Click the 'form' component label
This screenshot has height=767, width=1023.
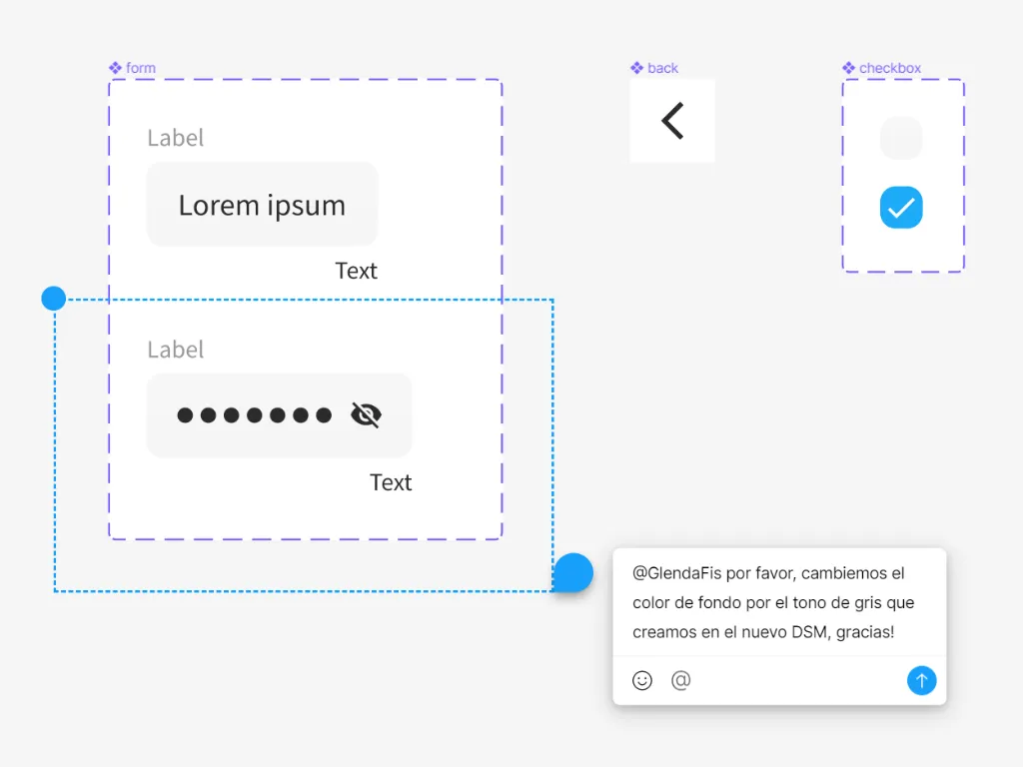[133, 68]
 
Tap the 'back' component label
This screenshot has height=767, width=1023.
[654, 68]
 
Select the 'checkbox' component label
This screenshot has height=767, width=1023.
[881, 68]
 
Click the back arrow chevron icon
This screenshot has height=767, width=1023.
[672, 121]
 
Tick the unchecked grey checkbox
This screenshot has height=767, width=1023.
[901, 138]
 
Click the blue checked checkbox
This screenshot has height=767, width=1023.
[901, 208]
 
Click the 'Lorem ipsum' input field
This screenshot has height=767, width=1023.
[263, 205]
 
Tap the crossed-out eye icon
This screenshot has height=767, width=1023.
[366, 414]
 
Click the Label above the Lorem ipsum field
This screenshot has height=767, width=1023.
[176, 138]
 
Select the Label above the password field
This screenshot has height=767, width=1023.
[176, 350]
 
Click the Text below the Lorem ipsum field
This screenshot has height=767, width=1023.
[357, 271]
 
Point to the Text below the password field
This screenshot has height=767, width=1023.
[391, 482]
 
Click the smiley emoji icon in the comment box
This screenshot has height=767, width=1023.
[642, 680]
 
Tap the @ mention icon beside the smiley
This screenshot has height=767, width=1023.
[680, 680]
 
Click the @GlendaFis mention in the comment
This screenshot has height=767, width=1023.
[677, 573]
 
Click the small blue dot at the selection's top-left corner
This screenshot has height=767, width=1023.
[54, 298]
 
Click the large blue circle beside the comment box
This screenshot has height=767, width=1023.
[572, 572]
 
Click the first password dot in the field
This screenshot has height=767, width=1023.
[185, 415]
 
